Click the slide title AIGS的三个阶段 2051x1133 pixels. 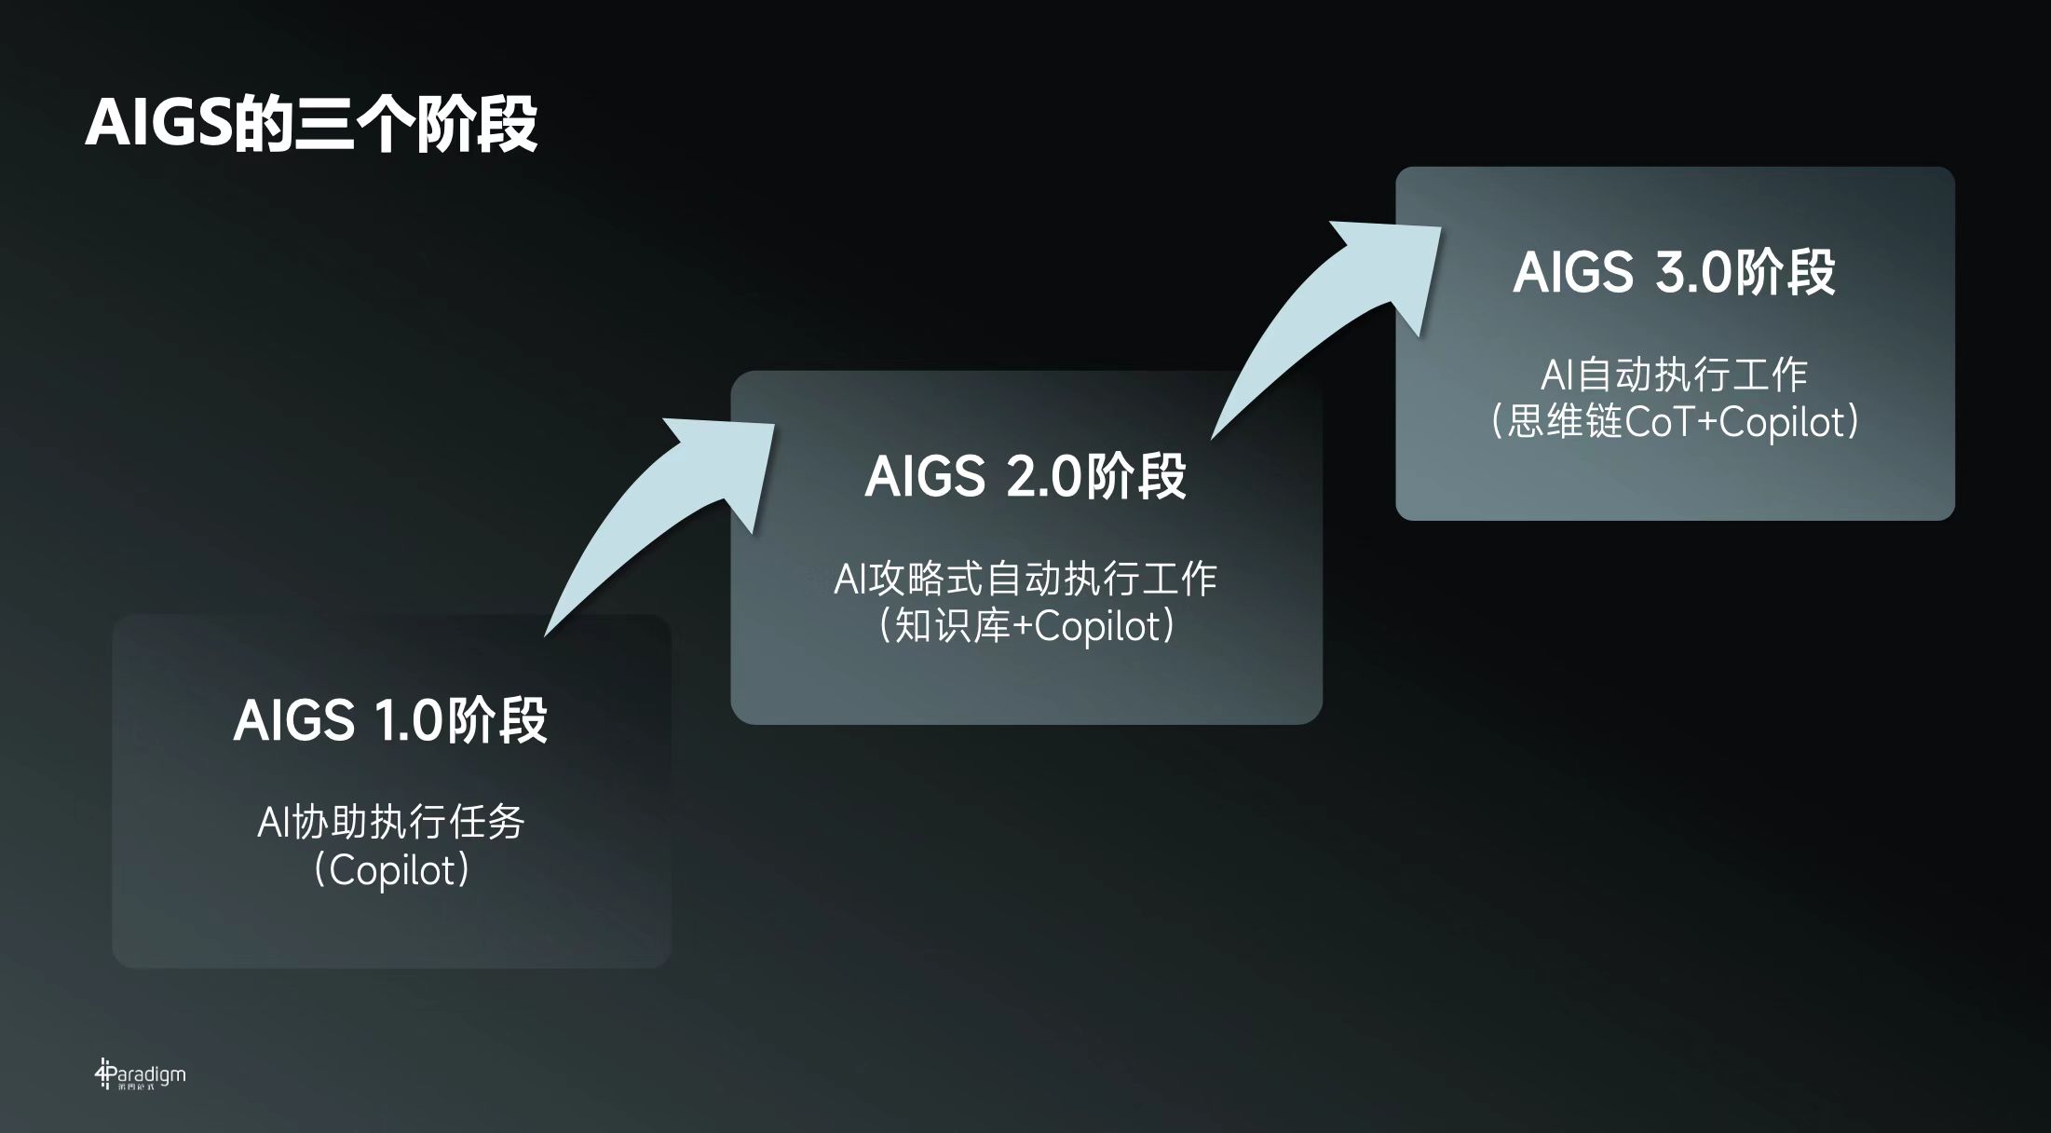click(311, 124)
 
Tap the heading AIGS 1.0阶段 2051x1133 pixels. click(390, 719)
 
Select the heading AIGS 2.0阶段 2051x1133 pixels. click(1025, 476)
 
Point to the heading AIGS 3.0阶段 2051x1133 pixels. click(1674, 272)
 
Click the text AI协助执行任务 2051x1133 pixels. click(391, 822)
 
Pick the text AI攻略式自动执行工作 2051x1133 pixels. click(1025, 579)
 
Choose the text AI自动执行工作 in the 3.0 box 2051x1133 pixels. click(1674, 375)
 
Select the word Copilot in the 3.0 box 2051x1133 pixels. click(1781, 422)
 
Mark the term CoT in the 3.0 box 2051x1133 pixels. click(1659, 422)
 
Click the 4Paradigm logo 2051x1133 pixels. click(140, 1074)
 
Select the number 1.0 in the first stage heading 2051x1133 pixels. click(407, 720)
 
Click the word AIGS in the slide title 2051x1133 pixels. click(158, 124)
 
